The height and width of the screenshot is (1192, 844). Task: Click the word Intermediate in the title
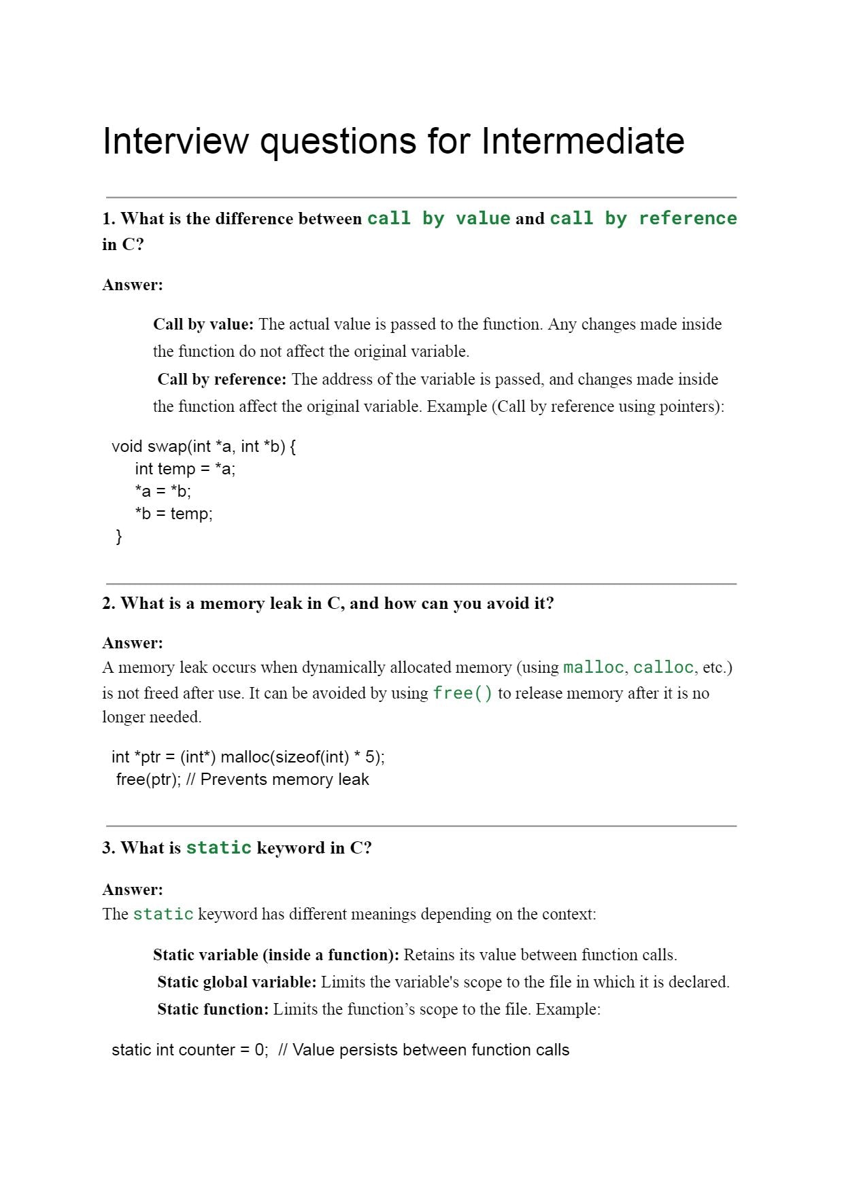click(582, 141)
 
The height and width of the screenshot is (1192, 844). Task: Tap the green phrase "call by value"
click(439, 218)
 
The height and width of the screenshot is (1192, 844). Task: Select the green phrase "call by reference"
click(643, 218)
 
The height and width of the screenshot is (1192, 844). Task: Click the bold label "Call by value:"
click(203, 324)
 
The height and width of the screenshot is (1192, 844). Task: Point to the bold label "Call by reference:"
click(222, 379)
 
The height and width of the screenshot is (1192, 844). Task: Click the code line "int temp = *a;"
click(185, 469)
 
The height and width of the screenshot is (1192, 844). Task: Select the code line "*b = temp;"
click(173, 514)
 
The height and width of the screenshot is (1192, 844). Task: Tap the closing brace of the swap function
click(119, 536)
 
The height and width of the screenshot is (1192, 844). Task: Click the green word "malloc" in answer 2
click(593, 667)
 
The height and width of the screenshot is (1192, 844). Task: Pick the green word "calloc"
click(663, 667)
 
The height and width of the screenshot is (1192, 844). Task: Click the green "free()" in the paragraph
click(462, 693)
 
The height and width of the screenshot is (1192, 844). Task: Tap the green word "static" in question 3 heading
click(218, 848)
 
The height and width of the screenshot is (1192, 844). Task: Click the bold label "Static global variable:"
click(237, 982)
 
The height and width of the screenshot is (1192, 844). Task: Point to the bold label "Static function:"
click(213, 1009)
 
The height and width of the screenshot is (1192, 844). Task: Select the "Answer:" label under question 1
click(133, 285)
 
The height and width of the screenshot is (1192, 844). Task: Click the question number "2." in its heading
click(109, 603)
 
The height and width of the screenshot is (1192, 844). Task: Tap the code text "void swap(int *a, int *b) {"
click(203, 446)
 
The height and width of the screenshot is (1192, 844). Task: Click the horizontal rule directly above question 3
click(421, 826)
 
